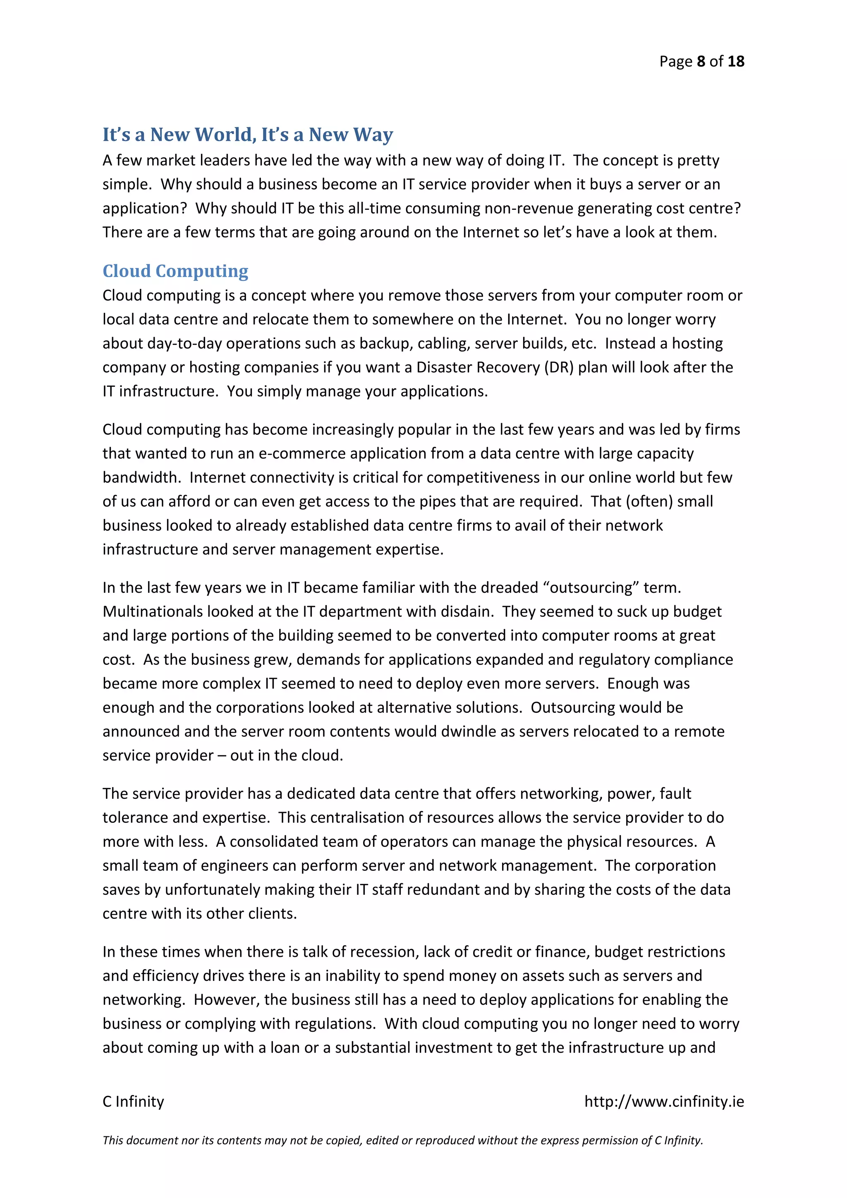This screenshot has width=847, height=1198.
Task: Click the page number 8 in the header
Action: [x=701, y=62]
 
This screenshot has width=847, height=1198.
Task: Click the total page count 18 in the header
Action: [x=735, y=62]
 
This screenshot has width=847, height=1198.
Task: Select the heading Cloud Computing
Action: [x=175, y=271]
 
